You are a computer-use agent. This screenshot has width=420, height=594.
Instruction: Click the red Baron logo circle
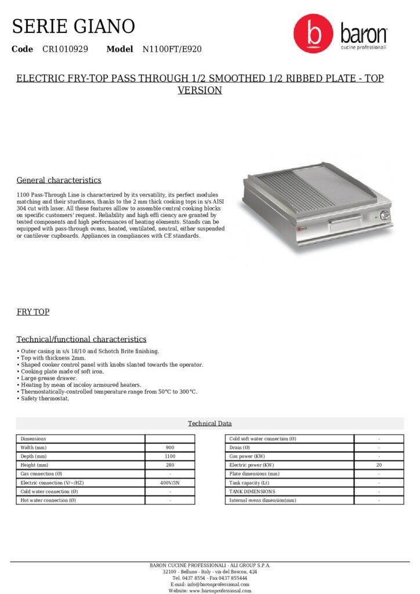click(x=313, y=34)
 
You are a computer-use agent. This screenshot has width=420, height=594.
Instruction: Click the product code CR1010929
click(x=65, y=49)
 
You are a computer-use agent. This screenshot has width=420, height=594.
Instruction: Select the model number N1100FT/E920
click(x=172, y=49)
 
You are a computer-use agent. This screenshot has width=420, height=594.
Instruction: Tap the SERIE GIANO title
click(x=74, y=26)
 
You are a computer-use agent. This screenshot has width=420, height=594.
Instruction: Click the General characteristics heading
click(x=59, y=180)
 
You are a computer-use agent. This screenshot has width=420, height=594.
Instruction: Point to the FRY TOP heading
click(x=33, y=312)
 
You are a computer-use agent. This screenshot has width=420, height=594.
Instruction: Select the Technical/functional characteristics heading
click(x=81, y=339)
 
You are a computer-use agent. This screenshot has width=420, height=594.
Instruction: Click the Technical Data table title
click(x=209, y=423)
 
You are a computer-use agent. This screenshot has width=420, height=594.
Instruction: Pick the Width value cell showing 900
click(x=170, y=448)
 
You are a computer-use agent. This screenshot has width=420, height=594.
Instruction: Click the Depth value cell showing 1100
click(x=170, y=457)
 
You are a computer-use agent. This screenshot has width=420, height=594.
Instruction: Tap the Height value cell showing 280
click(x=170, y=465)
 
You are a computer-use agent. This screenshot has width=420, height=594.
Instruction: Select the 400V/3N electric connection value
click(x=170, y=483)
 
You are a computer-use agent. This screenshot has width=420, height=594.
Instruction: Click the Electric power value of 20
click(x=379, y=465)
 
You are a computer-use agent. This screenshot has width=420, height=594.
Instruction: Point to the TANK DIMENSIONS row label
click(x=252, y=491)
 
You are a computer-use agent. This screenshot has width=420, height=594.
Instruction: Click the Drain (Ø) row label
click(x=240, y=448)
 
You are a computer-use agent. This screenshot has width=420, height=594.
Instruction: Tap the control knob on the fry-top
click(x=384, y=216)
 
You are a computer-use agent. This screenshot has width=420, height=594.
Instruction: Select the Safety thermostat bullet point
click(x=45, y=399)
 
